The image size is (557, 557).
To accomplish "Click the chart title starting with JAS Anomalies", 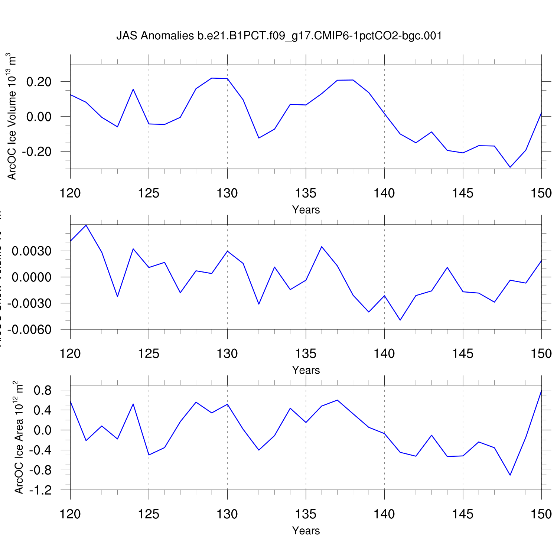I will click(x=279, y=36).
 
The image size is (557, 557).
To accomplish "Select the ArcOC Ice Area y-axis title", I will click(x=19, y=437).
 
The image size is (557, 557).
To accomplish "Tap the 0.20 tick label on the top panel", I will click(x=39, y=82).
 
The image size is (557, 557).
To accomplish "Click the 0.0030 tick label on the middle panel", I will click(x=32, y=251).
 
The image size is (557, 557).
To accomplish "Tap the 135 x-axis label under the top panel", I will click(x=306, y=193).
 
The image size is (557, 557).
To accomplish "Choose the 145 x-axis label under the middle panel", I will click(x=463, y=354).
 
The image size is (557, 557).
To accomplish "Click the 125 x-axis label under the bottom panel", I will click(x=149, y=514).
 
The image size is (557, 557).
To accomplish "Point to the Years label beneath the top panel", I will click(x=306, y=210).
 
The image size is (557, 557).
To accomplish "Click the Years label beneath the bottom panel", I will click(x=306, y=531).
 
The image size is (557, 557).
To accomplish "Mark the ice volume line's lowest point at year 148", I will click(x=510, y=167).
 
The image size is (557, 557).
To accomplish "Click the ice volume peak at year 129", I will click(x=212, y=78).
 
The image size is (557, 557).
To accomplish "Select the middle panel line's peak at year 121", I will click(x=86, y=225).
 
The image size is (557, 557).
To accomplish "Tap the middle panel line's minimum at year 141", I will click(x=400, y=320).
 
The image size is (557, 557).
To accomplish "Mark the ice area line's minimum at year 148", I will click(x=510, y=475).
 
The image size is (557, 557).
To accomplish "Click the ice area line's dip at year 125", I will click(x=149, y=455).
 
